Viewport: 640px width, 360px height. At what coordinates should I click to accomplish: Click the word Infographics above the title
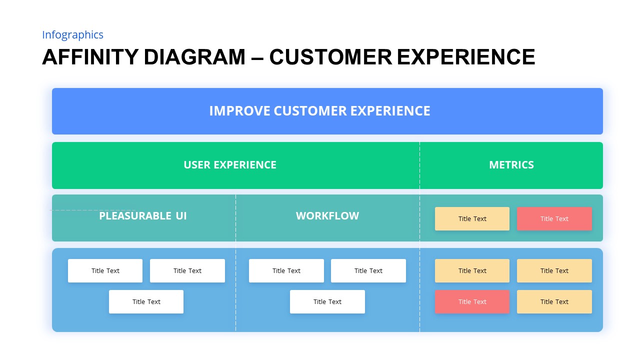pyautogui.click(x=72, y=35)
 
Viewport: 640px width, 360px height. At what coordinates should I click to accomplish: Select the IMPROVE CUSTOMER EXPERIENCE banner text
pyautogui.click(x=319, y=111)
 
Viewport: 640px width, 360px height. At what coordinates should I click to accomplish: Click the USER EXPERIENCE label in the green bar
pyautogui.click(x=229, y=165)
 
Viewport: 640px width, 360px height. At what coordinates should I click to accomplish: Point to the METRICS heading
pyautogui.click(x=511, y=165)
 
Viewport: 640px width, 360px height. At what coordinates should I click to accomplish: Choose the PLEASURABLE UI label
pyautogui.click(x=142, y=216)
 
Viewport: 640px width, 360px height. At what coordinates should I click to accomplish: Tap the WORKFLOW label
pyautogui.click(x=327, y=216)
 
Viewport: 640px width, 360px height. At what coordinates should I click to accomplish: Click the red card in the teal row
pyautogui.click(x=554, y=219)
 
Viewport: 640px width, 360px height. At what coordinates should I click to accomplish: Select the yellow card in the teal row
pyautogui.click(x=472, y=219)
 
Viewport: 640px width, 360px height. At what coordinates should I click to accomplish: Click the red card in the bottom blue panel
pyautogui.click(x=472, y=302)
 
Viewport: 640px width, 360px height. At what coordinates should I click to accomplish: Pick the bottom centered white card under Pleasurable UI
pyautogui.click(x=146, y=302)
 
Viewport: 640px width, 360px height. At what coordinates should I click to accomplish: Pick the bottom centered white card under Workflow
pyautogui.click(x=327, y=302)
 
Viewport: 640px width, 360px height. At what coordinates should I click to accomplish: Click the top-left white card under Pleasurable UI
pyautogui.click(x=105, y=271)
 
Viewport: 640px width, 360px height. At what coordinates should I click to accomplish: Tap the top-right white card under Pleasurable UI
pyautogui.click(x=187, y=271)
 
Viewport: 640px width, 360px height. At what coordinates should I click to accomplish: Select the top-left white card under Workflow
pyautogui.click(x=286, y=271)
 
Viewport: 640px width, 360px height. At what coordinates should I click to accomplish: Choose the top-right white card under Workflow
pyautogui.click(x=368, y=271)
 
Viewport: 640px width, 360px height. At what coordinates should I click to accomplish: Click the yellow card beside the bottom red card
pyautogui.click(x=554, y=302)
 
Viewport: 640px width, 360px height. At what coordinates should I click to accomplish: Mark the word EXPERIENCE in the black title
pyautogui.click(x=466, y=57)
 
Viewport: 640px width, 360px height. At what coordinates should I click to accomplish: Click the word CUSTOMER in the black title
pyautogui.click(x=330, y=57)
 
